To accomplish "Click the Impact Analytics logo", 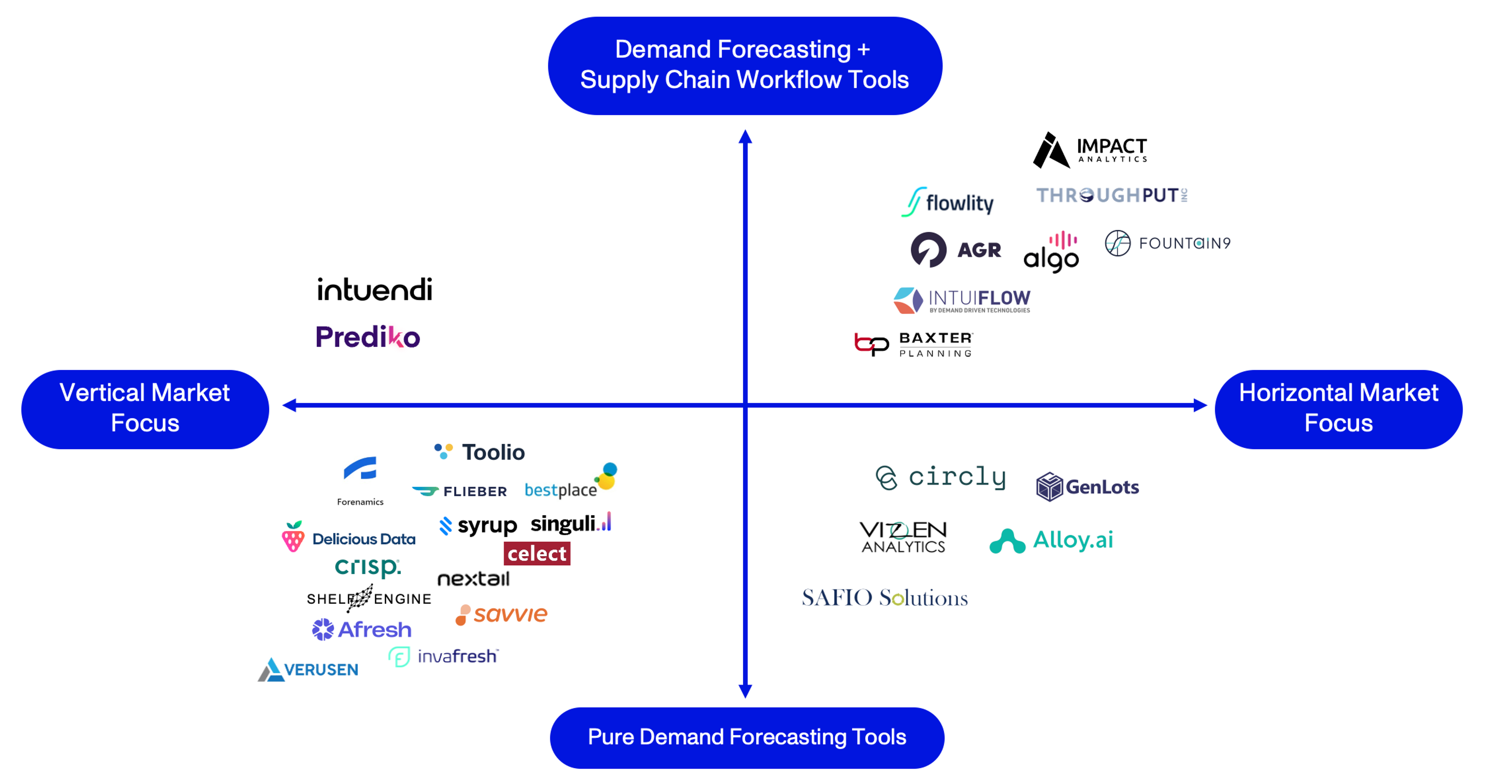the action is (x=1090, y=150).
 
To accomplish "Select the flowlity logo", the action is (x=947, y=202).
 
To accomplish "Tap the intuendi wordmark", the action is (x=374, y=289).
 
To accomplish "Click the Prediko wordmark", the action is (x=368, y=337).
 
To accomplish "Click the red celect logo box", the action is (x=537, y=554).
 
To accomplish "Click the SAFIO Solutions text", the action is (x=885, y=597).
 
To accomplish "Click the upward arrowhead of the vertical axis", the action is (x=745, y=137).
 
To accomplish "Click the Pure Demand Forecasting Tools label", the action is (x=747, y=737).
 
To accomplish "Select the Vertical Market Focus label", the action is (x=145, y=408).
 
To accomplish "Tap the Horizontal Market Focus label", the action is (x=1338, y=408).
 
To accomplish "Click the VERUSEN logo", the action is (x=308, y=669).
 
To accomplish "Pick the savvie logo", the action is (x=501, y=614).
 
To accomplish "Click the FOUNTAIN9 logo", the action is (x=1168, y=243).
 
